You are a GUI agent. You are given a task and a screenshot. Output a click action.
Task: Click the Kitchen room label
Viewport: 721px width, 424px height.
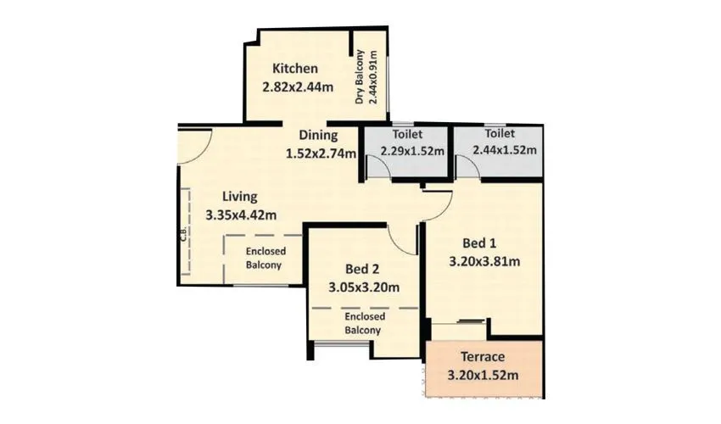point(294,69)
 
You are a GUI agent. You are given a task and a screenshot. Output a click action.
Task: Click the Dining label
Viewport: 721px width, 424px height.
point(318,135)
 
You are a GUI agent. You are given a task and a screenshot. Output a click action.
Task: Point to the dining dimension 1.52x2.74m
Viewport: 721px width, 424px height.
point(320,153)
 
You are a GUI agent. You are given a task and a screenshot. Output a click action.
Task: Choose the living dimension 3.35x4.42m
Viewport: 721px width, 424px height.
point(241,215)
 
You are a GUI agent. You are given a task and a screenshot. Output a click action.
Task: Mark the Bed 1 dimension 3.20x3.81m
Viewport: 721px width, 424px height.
point(483,261)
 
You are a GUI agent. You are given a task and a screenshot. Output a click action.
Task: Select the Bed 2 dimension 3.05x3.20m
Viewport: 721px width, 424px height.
point(363,287)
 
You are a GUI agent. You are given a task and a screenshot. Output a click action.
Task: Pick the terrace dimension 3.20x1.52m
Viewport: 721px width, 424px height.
point(483,375)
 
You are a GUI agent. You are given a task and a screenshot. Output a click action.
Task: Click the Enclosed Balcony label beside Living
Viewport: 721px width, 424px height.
point(266,259)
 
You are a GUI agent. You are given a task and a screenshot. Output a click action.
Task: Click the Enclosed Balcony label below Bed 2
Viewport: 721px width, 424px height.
point(362,323)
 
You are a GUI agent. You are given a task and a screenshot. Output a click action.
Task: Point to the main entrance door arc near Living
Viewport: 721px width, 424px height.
point(197,144)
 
